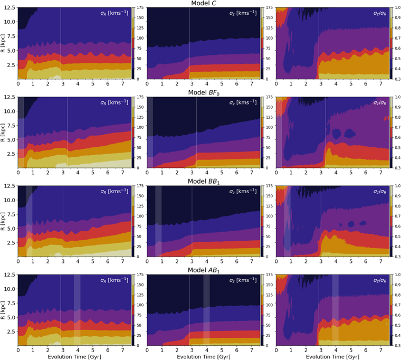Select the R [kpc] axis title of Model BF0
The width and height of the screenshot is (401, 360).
click(x=3, y=132)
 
